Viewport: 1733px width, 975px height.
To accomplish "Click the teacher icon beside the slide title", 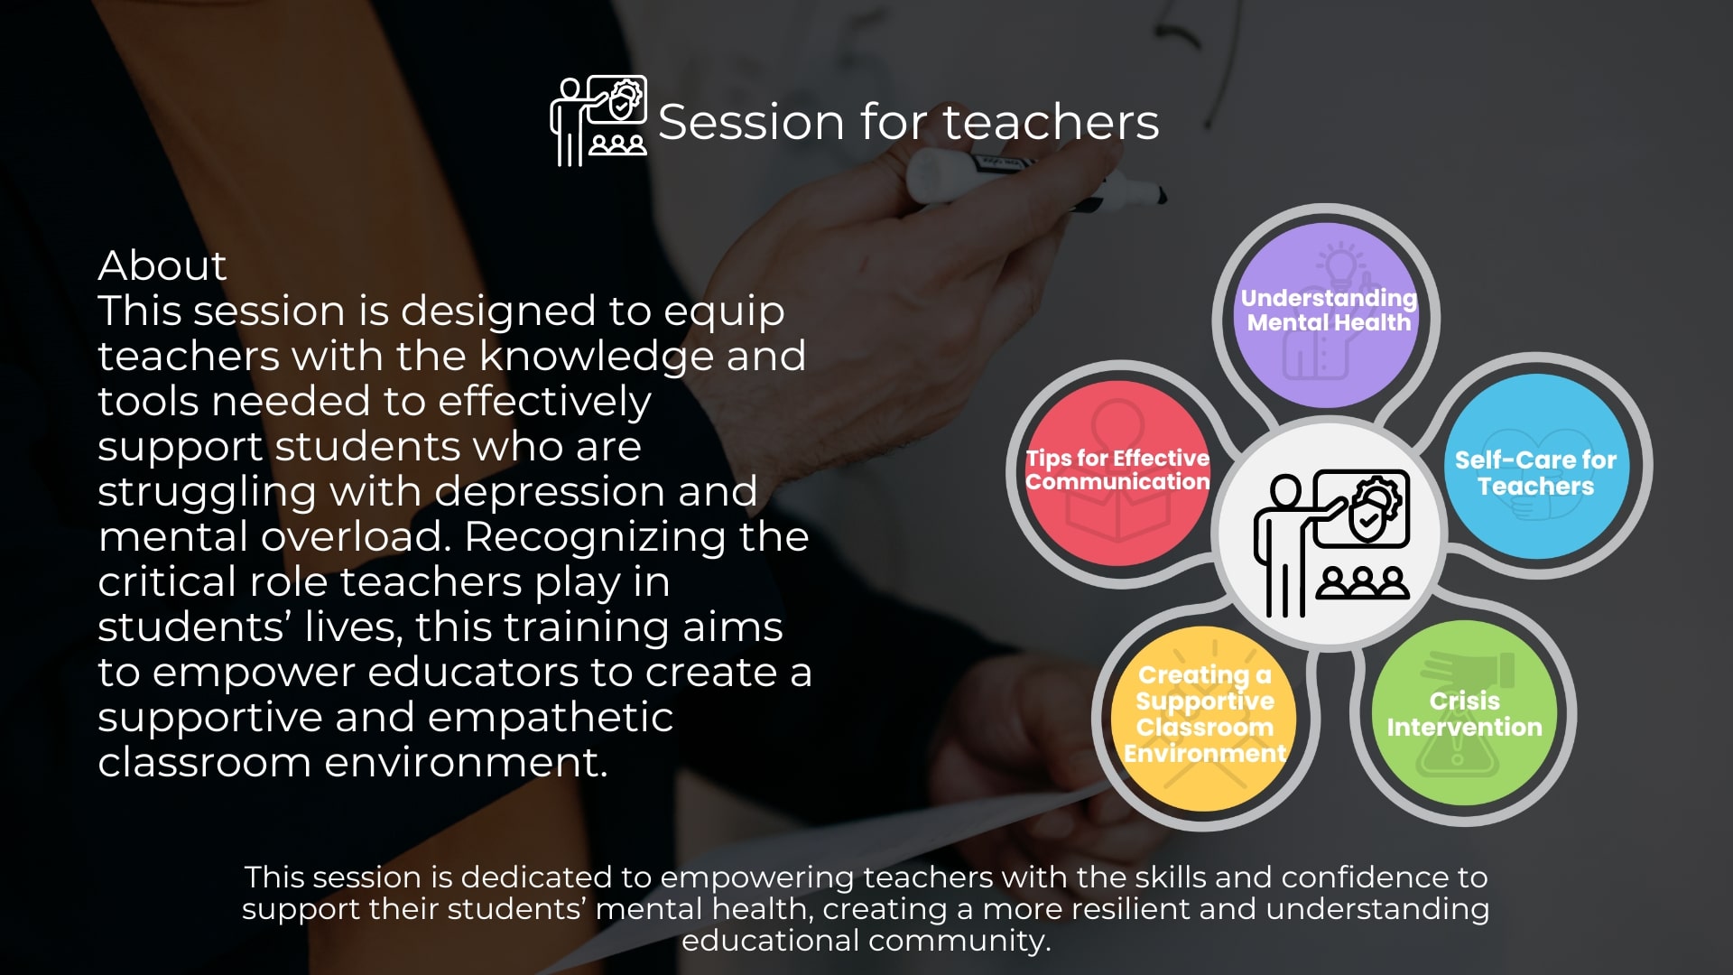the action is [598, 121].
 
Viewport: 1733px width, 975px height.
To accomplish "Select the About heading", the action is [162, 265].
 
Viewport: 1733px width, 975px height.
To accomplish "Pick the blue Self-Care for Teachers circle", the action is [1536, 467].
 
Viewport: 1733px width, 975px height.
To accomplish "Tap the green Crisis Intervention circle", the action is [1464, 713].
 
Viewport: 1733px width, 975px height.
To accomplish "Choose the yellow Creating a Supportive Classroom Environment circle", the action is [1205, 719].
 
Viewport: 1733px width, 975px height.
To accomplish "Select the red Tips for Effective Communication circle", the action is [1118, 474].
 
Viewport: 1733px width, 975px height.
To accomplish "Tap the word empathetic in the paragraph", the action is [551, 719].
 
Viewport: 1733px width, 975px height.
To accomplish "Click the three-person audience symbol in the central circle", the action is [1362, 583].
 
